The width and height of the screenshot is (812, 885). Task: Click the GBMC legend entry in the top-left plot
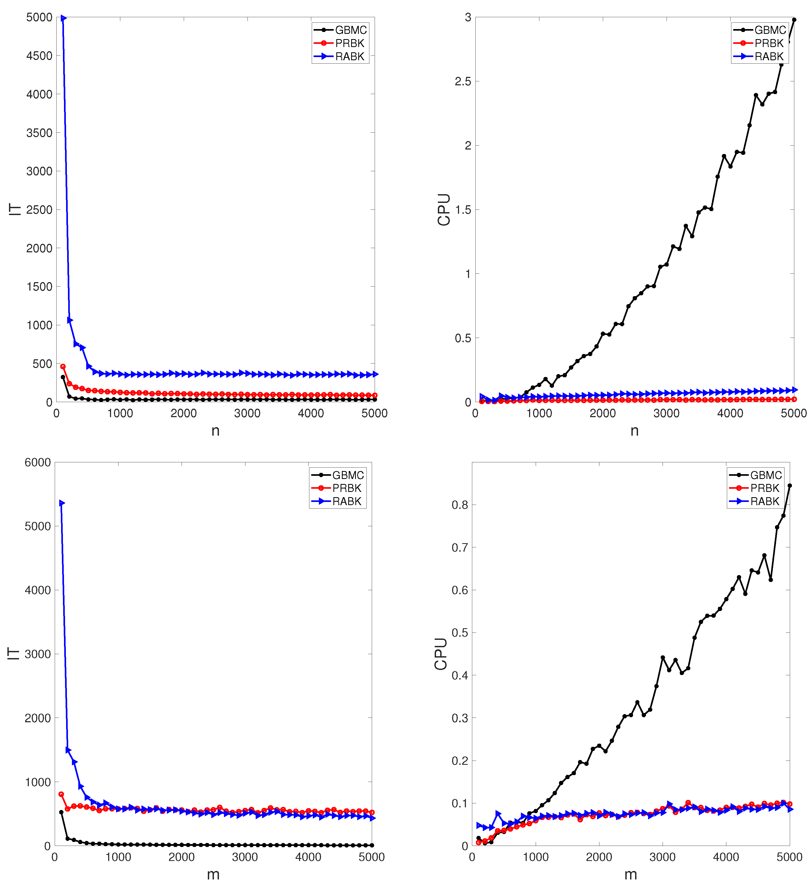350,30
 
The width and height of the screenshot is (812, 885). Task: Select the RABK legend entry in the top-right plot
769,57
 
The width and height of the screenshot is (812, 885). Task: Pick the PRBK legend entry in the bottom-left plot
347,488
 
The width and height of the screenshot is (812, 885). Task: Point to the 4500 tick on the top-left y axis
39,56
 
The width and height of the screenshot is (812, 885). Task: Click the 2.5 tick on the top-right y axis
462,81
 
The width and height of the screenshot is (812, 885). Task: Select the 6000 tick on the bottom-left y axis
38,462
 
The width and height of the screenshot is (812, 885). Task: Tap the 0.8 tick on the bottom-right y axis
460,505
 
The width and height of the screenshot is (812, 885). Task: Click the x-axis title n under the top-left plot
215,431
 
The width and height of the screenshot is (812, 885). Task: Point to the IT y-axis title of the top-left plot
15,209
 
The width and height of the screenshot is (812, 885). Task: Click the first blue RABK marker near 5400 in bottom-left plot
62,503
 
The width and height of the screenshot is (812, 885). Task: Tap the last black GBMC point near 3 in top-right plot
794,20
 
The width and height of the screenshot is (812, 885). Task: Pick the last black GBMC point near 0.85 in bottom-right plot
790,486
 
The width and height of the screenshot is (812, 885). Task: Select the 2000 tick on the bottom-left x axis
181,857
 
